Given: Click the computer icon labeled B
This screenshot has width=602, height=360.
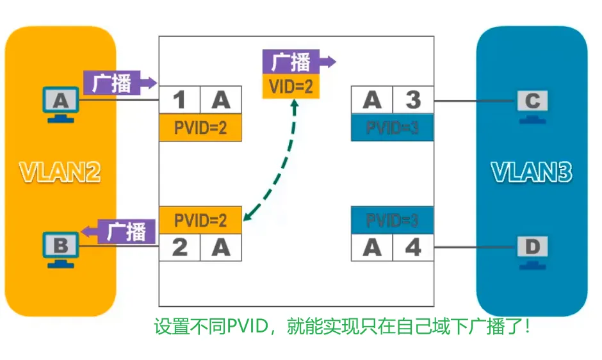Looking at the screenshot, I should click(x=60, y=248).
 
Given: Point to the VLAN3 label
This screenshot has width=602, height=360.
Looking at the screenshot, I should click(x=532, y=172).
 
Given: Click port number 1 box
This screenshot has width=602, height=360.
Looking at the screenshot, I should click(x=179, y=101).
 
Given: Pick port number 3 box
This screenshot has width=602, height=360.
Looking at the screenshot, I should click(x=413, y=101).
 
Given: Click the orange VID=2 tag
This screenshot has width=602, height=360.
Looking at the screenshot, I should click(x=291, y=86).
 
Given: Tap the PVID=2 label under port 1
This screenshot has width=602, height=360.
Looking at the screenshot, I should click(x=200, y=128).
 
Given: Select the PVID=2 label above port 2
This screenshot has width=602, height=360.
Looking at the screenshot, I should click(x=200, y=220).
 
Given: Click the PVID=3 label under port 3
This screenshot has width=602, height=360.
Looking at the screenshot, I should click(x=392, y=128).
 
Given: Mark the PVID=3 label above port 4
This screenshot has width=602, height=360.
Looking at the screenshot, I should click(x=392, y=220).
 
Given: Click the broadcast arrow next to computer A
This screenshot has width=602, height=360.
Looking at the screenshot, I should click(x=119, y=83).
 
